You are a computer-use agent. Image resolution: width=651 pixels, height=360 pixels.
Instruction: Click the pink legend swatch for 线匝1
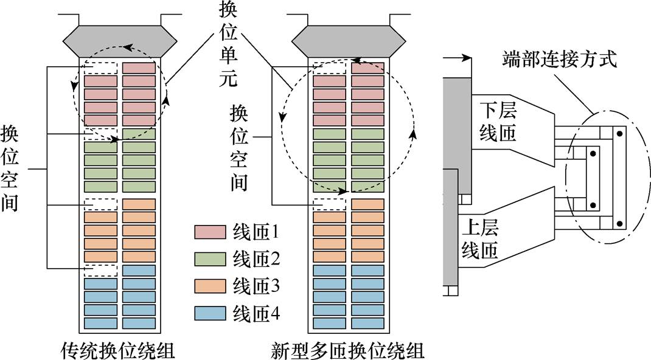pos(210,232)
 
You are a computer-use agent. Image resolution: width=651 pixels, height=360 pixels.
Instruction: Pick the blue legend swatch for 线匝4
pos(210,313)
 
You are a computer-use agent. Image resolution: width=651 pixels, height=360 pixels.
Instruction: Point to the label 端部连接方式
pos(559,60)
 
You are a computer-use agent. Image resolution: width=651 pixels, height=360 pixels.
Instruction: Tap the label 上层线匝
pos(480,239)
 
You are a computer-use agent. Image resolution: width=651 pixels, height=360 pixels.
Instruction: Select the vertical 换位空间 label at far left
pos(10,168)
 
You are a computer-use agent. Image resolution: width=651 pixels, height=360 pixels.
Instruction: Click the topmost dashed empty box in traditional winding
pos(100,67)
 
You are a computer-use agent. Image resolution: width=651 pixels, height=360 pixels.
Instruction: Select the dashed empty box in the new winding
pos(329,204)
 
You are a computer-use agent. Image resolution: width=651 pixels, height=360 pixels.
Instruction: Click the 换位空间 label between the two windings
pos(239,146)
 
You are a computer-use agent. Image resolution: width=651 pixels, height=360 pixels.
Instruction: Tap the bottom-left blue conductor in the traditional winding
pos(100,323)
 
